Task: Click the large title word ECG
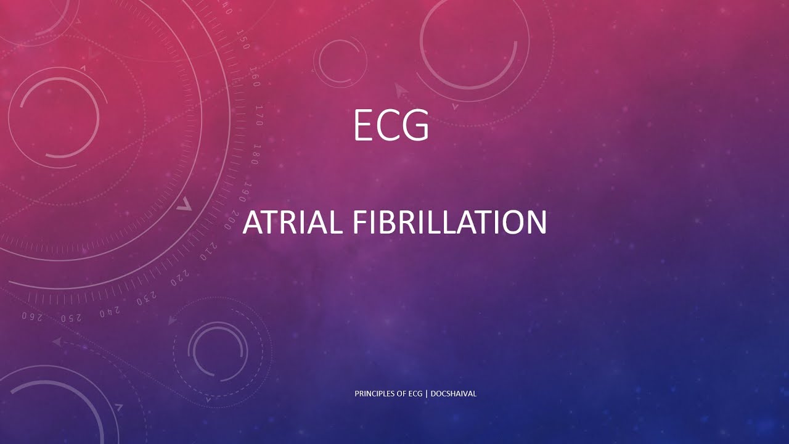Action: (391, 125)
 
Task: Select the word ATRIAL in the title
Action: (292, 222)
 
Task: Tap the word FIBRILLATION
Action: (449, 222)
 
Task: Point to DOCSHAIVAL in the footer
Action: (454, 393)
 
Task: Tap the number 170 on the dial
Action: (260, 115)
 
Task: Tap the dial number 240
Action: (110, 311)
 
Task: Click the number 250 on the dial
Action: (70, 317)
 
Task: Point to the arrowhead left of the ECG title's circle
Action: (402, 91)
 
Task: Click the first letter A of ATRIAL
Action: (253, 222)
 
